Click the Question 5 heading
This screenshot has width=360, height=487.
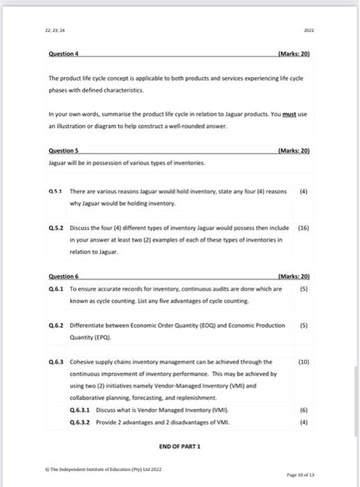63,150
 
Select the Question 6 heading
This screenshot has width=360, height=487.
63,278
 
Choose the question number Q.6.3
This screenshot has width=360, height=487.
56,362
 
